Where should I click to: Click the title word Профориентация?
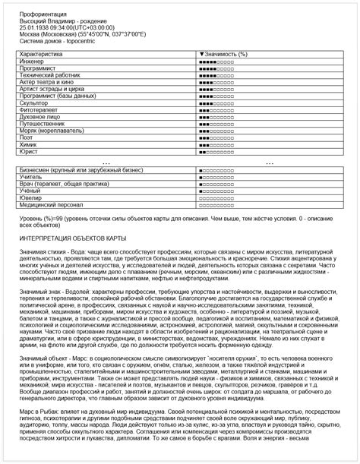point(40,14)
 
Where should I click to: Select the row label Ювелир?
point(31,197)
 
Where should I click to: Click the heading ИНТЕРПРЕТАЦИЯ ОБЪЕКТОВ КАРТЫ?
point(72,237)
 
